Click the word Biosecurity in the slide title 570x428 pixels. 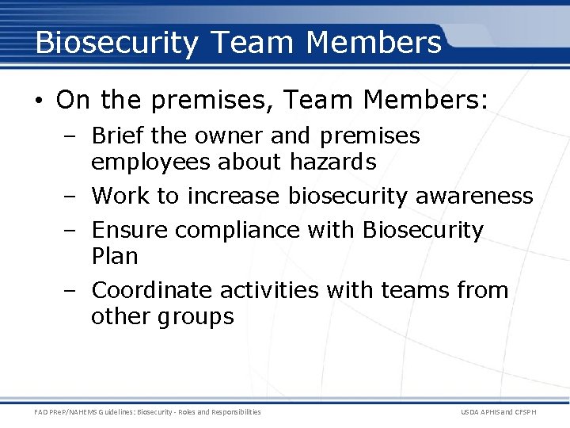point(116,43)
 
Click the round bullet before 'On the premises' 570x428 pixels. point(40,101)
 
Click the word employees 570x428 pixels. point(150,162)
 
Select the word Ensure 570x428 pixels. point(130,230)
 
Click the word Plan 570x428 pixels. point(114,256)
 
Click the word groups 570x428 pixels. point(196,317)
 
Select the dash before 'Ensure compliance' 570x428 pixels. point(70,231)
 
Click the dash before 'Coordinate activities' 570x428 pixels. point(70,291)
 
